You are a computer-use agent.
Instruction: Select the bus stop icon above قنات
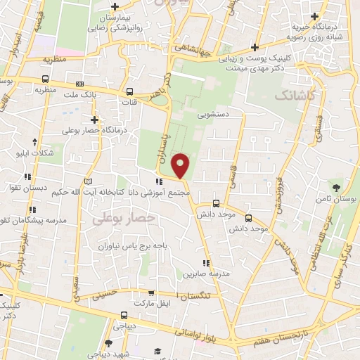(x=129, y=91)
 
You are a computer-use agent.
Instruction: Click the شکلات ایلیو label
(x=33, y=151)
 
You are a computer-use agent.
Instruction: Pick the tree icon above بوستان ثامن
(x=337, y=188)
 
